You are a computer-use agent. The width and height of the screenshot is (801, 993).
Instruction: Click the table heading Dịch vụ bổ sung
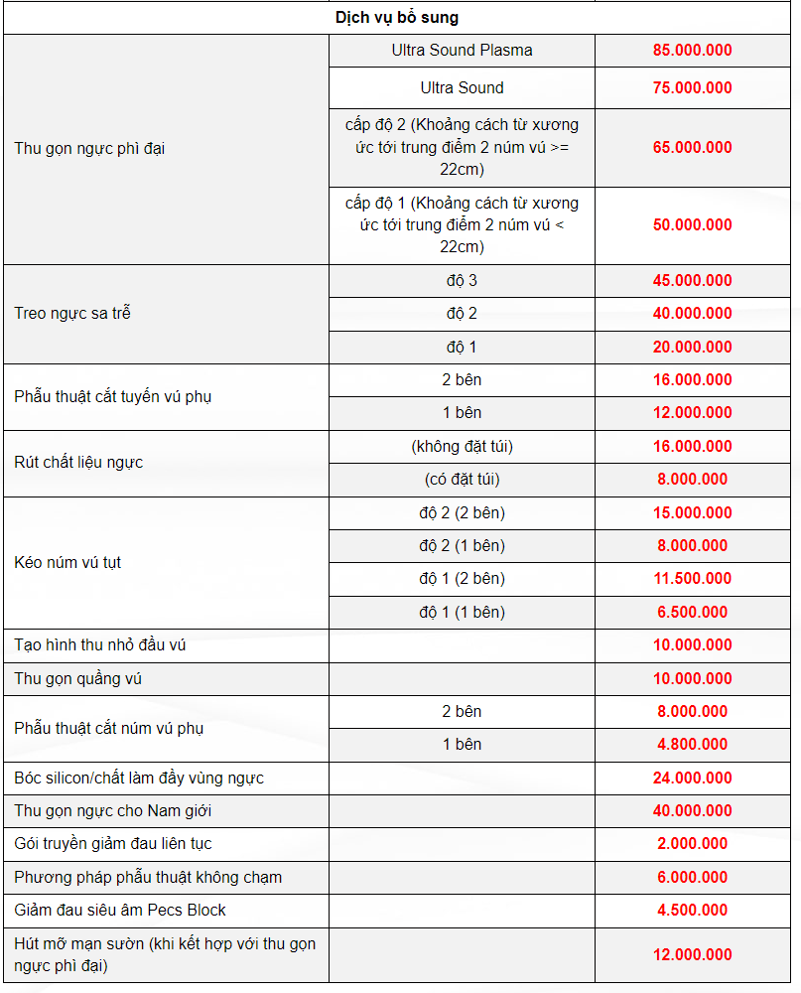pos(396,18)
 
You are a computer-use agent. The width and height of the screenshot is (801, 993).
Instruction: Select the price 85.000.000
pos(692,51)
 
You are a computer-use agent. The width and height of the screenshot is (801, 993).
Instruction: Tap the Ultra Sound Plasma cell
pos(462,51)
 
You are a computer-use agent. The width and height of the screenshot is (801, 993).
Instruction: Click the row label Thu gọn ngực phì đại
pos(89,149)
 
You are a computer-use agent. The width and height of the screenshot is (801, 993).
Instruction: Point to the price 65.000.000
pos(692,147)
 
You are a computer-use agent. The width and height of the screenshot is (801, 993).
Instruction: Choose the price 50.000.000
pos(692,224)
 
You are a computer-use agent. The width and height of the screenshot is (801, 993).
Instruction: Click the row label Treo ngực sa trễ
pos(72,314)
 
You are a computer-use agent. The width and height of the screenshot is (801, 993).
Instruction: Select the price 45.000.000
pos(692,281)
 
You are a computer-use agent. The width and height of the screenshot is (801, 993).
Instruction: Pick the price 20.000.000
pos(692,347)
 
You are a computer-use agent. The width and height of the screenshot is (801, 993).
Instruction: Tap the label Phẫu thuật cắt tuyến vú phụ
pos(112,396)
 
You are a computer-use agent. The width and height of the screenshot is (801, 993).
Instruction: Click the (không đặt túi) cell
pos(462,447)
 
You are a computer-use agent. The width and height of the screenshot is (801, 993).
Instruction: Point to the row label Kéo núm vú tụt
pos(67,562)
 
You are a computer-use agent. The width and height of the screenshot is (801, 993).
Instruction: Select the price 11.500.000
pos(692,579)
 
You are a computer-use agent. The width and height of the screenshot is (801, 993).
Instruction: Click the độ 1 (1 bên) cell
pos(462,612)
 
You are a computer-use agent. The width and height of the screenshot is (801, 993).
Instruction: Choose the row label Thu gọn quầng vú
pos(79,679)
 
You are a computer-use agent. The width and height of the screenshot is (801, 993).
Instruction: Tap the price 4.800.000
pos(692,745)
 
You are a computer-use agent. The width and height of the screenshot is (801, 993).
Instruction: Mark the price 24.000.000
pos(692,778)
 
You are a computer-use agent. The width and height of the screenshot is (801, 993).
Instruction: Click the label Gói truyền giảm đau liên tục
pos(112,844)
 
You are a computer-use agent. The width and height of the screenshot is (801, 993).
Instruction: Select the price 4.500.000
pos(692,911)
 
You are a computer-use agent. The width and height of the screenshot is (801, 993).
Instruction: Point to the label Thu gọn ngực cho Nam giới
pos(112,811)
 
